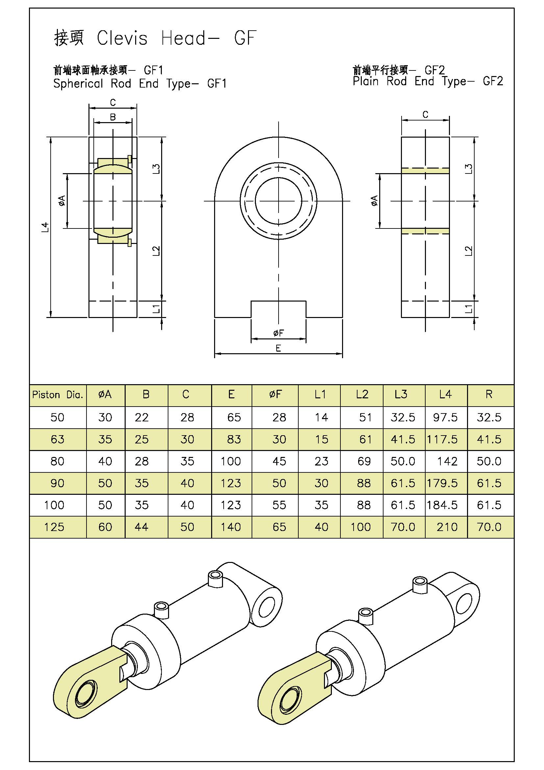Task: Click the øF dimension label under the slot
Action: click(278, 333)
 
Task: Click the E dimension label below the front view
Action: click(278, 348)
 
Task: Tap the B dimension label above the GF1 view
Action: click(113, 117)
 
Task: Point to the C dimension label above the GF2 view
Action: click(425, 115)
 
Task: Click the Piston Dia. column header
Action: click(58, 395)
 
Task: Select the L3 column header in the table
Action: click(401, 394)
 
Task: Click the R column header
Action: click(489, 394)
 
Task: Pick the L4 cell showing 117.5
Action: click(442, 439)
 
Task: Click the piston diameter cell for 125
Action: click(54, 527)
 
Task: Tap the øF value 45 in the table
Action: click(279, 462)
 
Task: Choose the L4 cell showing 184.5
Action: click(442, 505)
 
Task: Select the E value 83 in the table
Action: click(234, 439)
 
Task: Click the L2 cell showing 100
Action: click(360, 527)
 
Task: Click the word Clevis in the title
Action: click(122, 38)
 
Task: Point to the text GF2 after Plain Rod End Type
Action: click(493, 81)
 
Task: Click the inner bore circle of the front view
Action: click(278, 201)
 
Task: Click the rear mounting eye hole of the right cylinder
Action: click(463, 604)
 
